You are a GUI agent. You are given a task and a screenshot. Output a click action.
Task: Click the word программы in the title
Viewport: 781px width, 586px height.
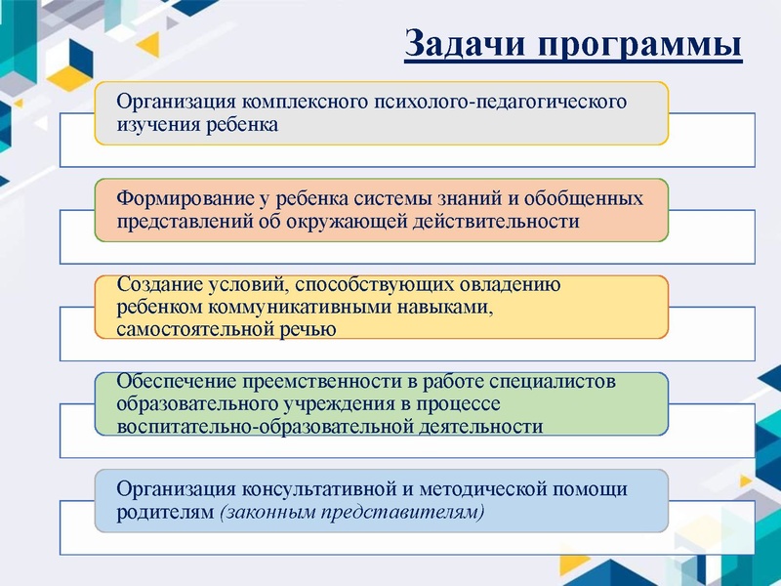coord(636,45)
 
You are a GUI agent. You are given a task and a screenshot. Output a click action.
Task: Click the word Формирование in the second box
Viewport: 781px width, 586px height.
coord(182,198)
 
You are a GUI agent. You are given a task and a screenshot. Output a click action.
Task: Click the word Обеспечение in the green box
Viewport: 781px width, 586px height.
coord(167,382)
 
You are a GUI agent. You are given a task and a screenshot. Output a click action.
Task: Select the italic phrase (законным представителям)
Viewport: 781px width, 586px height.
coord(351,512)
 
